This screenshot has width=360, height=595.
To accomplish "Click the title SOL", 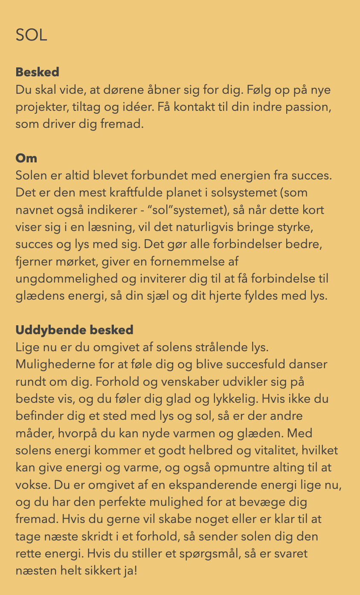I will point(31,35).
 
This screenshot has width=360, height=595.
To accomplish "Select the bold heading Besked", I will point(37,72).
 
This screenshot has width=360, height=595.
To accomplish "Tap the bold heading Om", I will point(26,158).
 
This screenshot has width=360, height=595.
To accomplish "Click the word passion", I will point(310,107).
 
